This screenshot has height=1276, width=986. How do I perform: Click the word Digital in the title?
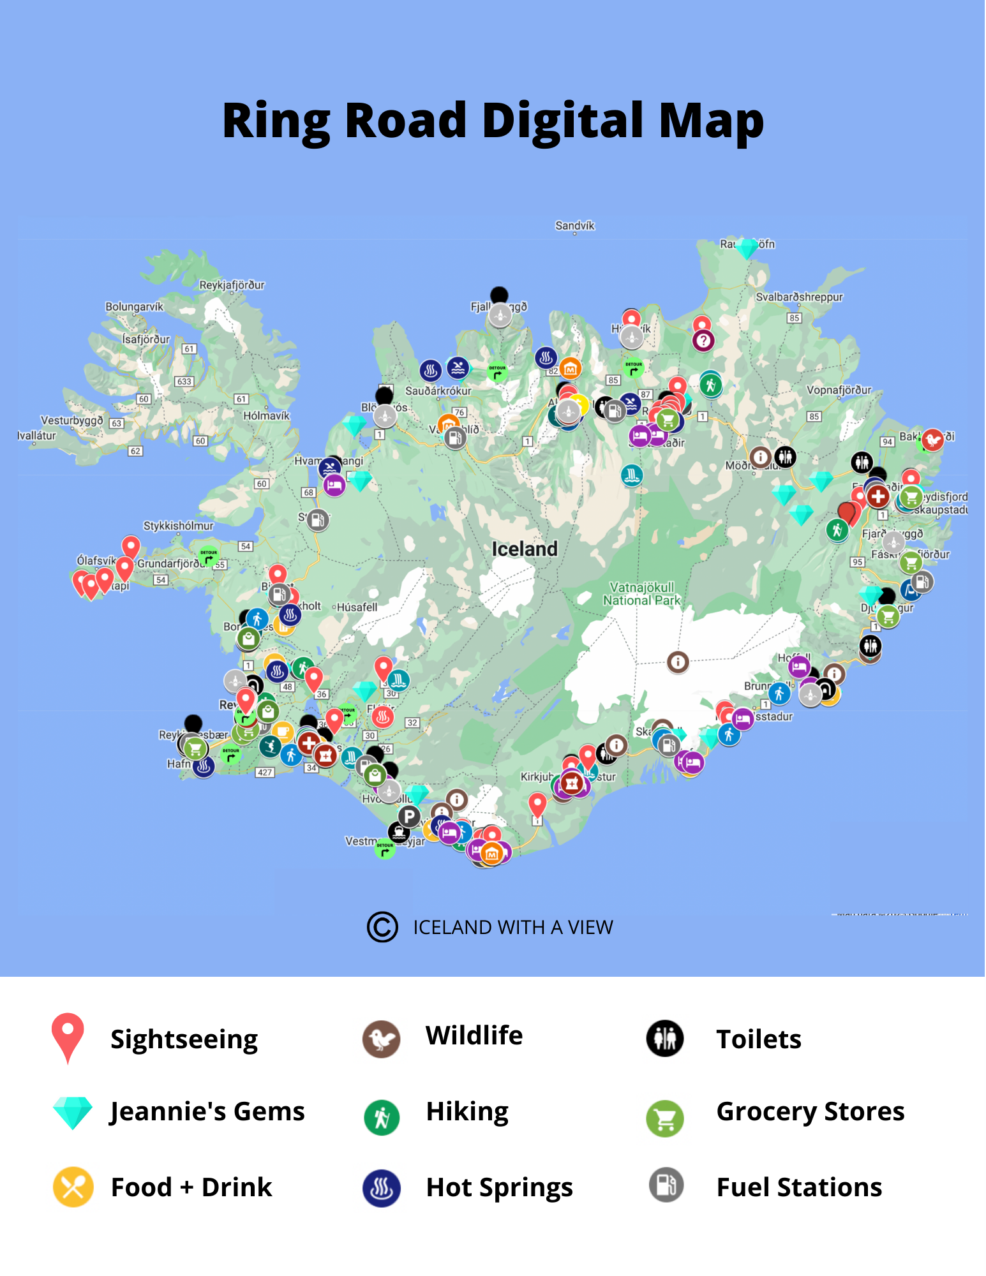point(562,121)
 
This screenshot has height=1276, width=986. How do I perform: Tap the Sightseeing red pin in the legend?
point(68,1034)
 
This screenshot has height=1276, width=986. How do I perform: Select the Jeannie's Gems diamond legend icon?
point(73,1112)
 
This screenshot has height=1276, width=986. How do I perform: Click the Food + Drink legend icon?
point(73,1187)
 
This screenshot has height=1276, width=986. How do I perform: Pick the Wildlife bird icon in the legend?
point(381,1039)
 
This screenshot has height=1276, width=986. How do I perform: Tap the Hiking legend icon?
point(382,1117)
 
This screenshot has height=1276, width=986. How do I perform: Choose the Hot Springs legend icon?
point(382,1188)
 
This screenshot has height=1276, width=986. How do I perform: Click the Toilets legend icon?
point(665,1039)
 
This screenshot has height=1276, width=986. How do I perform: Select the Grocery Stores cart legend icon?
point(665,1118)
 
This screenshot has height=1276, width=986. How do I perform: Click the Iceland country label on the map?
point(525,549)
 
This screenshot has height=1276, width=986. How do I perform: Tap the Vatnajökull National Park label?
point(641,593)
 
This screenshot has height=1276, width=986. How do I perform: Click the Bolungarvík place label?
point(134,307)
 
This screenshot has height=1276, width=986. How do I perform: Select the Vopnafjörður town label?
point(839,390)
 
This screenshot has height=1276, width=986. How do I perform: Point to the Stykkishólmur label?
point(178,526)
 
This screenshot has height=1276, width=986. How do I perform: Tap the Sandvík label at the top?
point(574,225)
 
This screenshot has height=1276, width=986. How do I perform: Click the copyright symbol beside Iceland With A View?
point(382,927)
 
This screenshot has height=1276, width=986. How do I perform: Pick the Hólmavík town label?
point(266,415)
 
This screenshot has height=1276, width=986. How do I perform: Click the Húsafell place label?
point(357,607)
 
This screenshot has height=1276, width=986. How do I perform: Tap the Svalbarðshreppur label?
point(799,297)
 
